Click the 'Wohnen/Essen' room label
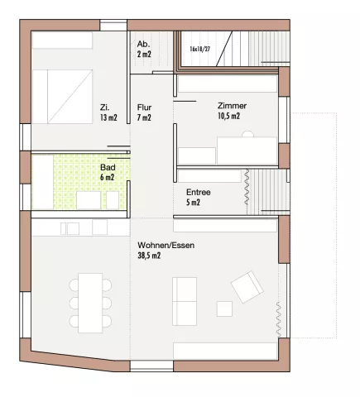[x=166, y=245]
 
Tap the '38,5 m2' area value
[x=149, y=256]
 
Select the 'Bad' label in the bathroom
[x=108, y=167]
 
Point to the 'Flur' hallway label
[x=144, y=108]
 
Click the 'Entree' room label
[x=199, y=192]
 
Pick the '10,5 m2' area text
[x=228, y=116]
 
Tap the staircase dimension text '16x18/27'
[x=200, y=49]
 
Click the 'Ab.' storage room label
[x=143, y=44]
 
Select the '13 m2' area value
[x=108, y=117]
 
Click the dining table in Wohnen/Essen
[x=90, y=303]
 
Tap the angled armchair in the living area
[x=247, y=287]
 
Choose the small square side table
[x=224, y=309]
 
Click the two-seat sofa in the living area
[x=185, y=301]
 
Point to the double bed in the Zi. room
[x=62, y=97]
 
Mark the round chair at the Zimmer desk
[x=247, y=134]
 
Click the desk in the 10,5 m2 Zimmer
[x=247, y=151]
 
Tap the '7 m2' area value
[x=144, y=117]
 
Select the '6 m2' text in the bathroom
[x=107, y=177]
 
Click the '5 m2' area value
[x=193, y=203]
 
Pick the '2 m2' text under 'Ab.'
[x=144, y=54]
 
